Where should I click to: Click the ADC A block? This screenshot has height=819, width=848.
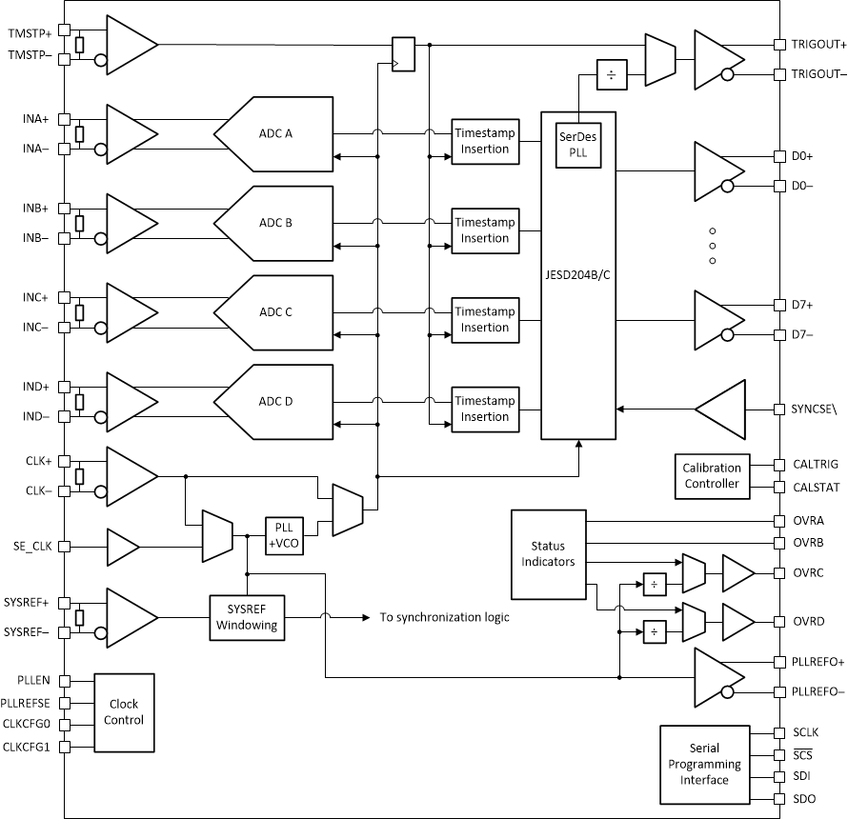tap(276, 133)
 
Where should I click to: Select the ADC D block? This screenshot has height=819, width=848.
tap(276, 401)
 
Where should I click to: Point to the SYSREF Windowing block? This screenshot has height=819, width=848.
tap(247, 617)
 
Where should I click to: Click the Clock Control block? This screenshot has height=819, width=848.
tap(124, 712)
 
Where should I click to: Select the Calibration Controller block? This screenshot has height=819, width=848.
tap(712, 475)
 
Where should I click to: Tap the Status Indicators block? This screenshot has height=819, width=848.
tap(548, 553)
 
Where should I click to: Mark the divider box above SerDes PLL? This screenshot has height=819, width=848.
tap(610, 74)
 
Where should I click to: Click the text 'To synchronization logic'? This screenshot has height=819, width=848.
tap(444, 617)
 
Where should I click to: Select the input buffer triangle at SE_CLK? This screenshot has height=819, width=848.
tap(122, 548)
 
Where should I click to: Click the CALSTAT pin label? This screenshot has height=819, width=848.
tap(815, 487)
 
